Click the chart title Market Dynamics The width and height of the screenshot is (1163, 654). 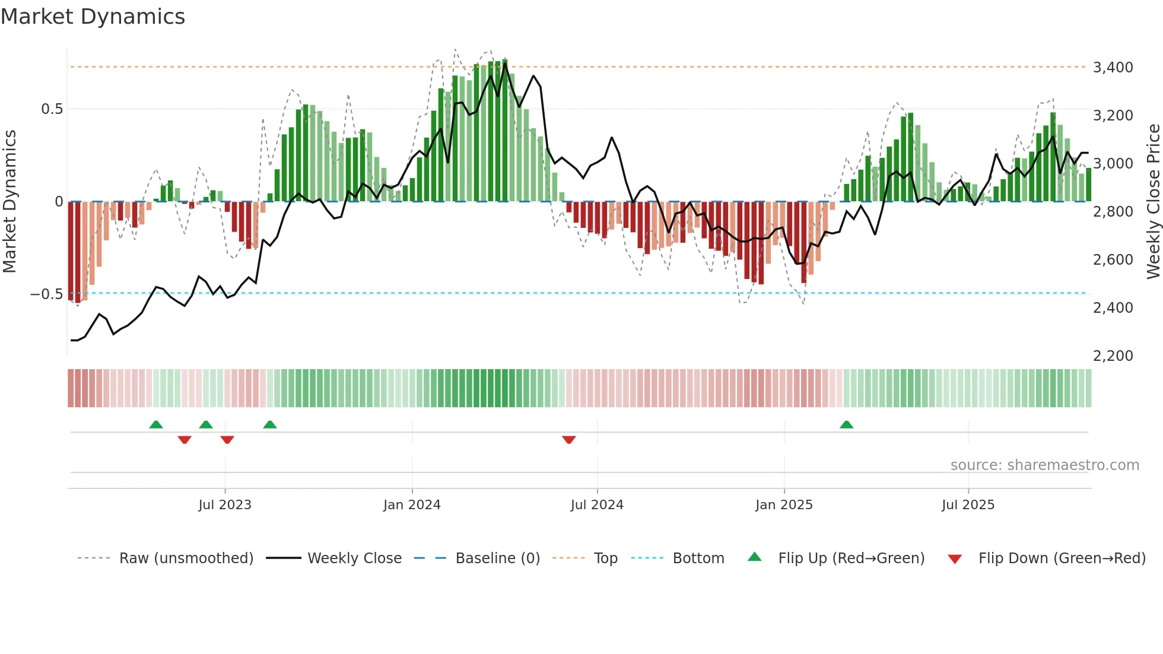pyautogui.click(x=93, y=17)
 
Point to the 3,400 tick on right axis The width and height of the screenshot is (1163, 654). pyautogui.click(x=1113, y=68)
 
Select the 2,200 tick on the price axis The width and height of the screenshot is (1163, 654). pyautogui.click(x=1113, y=356)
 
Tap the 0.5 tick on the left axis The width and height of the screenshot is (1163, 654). pyautogui.click(x=52, y=109)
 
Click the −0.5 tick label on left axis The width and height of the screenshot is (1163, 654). pyautogui.click(x=47, y=294)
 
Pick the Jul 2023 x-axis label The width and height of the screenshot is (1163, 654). pyautogui.click(x=225, y=505)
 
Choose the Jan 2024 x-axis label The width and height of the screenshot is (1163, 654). pyautogui.click(x=412, y=505)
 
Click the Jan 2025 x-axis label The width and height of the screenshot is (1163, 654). pyautogui.click(x=784, y=505)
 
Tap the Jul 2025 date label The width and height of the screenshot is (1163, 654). pyautogui.click(x=968, y=505)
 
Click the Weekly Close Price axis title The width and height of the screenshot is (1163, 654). pyautogui.click(x=1153, y=202)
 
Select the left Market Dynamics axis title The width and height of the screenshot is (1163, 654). pyautogui.click(x=10, y=202)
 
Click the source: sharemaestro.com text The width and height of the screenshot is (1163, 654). pyautogui.click(x=1044, y=465)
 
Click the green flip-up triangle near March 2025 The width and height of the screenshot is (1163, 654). pyautogui.click(x=846, y=425)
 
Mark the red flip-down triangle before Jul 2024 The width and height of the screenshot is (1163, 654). pyautogui.click(x=568, y=440)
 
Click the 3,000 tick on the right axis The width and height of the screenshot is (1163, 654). pyautogui.click(x=1113, y=164)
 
